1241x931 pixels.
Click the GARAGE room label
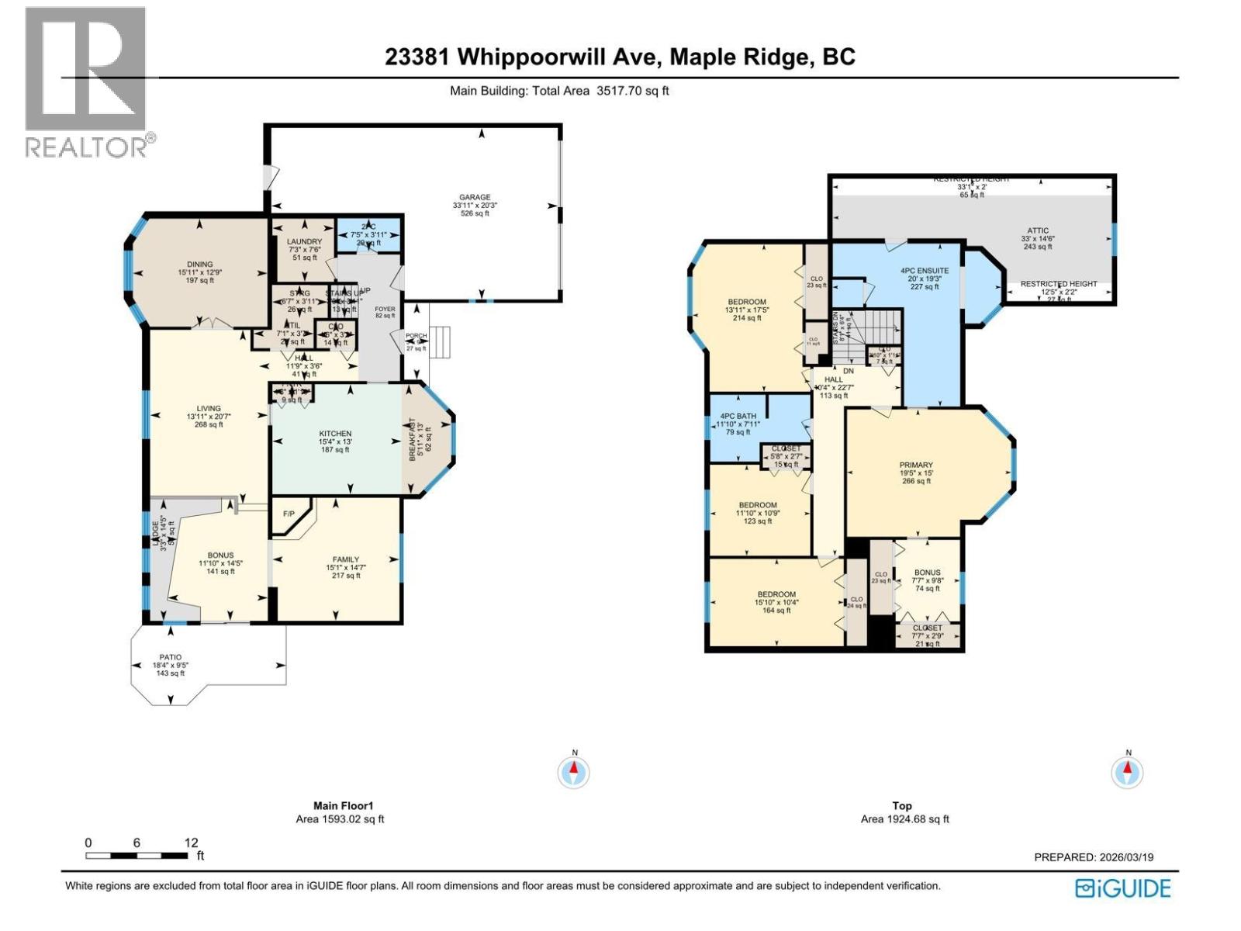(474, 198)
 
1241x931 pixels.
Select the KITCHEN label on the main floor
(335, 434)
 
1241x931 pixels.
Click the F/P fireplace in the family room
(289, 514)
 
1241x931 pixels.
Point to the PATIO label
(171, 657)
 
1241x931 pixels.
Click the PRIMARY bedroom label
(916, 465)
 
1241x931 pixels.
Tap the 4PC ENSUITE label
(925, 271)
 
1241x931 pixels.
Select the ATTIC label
(1038, 231)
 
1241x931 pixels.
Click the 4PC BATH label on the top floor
(738, 416)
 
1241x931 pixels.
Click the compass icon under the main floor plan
(574, 773)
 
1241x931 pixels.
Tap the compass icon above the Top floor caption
(1128, 773)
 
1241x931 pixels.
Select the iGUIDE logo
(1122, 888)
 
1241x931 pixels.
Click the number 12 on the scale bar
(191, 843)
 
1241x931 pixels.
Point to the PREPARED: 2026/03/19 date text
(1094, 857)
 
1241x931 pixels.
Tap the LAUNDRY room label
(304, 242)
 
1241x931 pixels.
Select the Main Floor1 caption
(340, 806)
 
